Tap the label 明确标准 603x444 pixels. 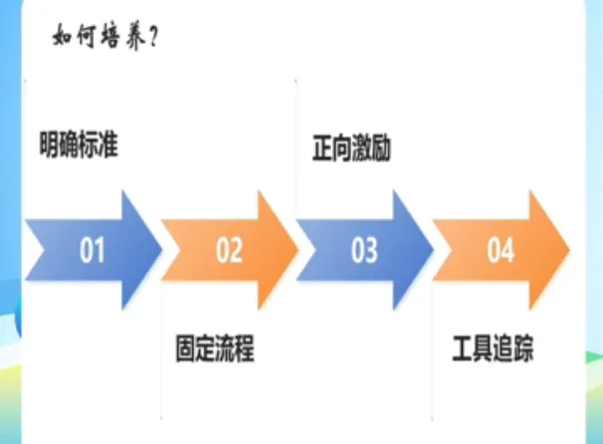[86, 145]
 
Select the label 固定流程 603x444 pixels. [215, 350]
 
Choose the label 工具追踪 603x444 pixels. [493, 350]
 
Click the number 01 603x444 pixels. [93, 250]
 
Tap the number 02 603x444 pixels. [229, 250]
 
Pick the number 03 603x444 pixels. [364, 250]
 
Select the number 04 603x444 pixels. [500, 250]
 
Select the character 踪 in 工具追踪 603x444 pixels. [522, 350]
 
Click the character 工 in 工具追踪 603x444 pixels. [463, 350]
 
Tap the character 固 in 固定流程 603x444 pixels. [185, 350]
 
